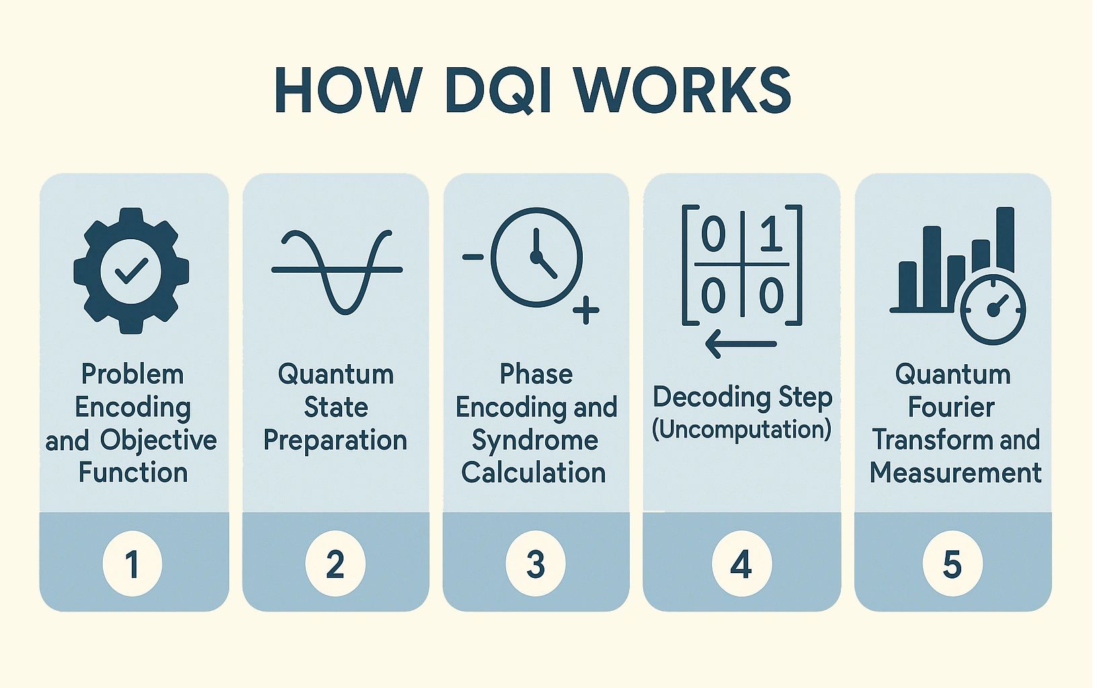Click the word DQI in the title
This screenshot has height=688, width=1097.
coord(497,90)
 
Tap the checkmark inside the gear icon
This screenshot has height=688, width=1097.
coord(131,271)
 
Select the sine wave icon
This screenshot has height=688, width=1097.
coord(337,271)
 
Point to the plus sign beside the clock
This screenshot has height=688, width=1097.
coord(585,310)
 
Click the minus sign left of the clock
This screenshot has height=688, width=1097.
coord(473,257)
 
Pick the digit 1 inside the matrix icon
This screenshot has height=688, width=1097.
coord(772,235)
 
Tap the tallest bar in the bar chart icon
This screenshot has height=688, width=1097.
coord(1005,239)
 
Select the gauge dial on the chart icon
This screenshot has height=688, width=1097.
coord(993,310)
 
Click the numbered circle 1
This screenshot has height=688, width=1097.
coord(132,563)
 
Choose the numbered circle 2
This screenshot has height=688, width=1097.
coord(335,563)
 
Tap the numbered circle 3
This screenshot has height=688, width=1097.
coord(536,563)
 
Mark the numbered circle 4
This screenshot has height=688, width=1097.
coord(741,563)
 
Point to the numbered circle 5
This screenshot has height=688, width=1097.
coord(952,563)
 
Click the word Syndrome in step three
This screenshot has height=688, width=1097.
coord(535,441)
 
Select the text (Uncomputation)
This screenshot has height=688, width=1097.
coord(741,429)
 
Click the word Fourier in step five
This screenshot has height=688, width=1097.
coord(951,407)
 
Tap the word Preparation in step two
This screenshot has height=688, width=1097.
coord(335,441)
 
